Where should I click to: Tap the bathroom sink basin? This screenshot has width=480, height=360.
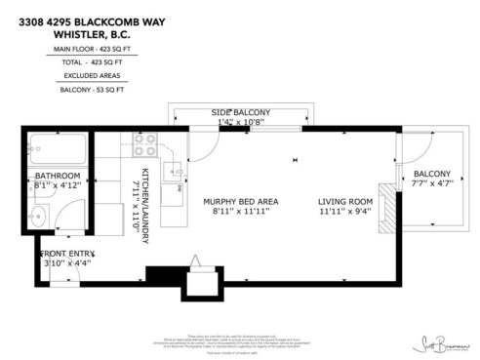click(x=36, y=217)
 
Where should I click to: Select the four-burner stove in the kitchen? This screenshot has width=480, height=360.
click(x=145, y=144)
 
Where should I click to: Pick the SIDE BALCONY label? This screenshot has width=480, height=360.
click(x=240, y=113)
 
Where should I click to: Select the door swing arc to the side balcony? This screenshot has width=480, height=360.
click(x=199, y=146)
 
